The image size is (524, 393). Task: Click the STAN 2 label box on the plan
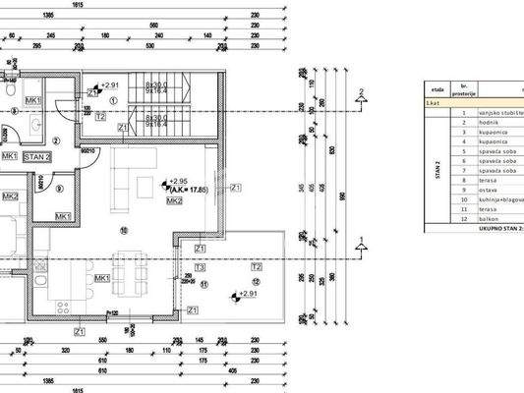point(39,156)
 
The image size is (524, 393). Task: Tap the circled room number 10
point(124,231)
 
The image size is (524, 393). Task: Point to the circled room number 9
point(59,190)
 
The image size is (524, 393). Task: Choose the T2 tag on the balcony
point(257,266)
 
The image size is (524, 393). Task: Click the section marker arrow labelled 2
point(361,96)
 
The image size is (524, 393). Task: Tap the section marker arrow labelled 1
point(361,241)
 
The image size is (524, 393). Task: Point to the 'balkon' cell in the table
point(491,219)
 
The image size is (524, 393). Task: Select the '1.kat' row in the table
point(433,102)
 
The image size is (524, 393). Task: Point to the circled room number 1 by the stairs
point(115,99)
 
